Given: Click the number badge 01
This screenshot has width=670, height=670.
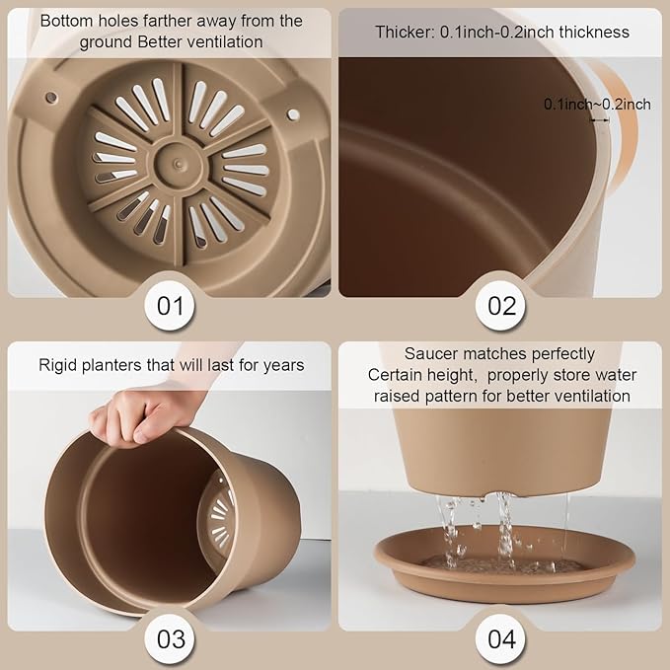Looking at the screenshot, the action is tap(170, 306).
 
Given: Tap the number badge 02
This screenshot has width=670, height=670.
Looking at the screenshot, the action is tap(501, 306).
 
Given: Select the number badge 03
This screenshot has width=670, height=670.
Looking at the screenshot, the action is tap(170, 638).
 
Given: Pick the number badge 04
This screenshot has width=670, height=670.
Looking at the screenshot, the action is tap(501, 638).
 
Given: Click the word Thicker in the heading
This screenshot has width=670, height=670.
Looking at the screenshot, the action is tap(405, 32).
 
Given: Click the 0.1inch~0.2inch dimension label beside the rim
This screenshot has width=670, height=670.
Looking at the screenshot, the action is tap(597, 105).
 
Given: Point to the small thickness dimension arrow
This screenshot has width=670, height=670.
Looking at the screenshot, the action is tap(600, 120).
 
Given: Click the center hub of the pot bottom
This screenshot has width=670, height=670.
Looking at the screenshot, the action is tap(179, 163).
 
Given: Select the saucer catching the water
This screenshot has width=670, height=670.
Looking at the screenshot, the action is tap(504, 564).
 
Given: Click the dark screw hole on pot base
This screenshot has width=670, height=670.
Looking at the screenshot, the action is tap(51, 98).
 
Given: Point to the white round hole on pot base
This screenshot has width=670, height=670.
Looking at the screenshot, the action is tap(293, 114).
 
